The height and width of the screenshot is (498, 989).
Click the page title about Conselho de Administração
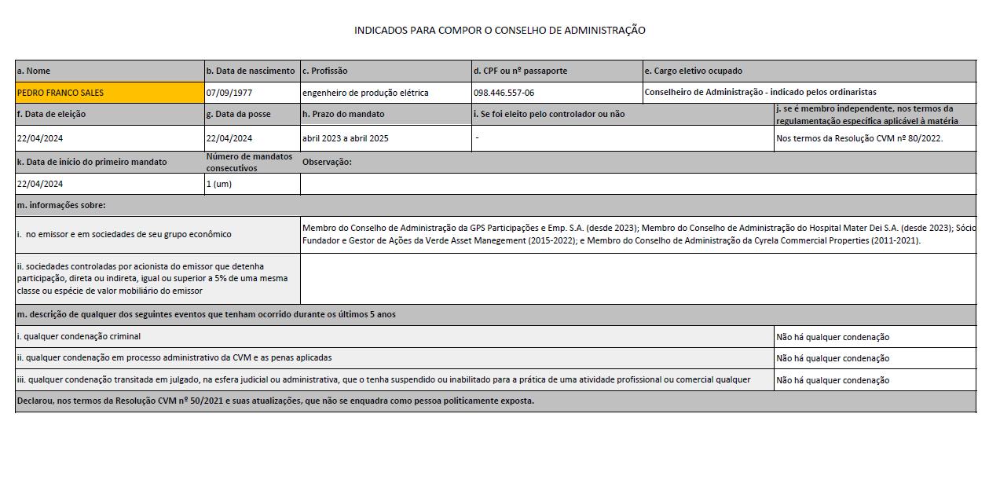tap(500, 31)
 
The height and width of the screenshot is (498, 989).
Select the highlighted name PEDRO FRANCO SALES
tap(60, 93)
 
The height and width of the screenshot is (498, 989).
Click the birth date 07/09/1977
tap(229, 93)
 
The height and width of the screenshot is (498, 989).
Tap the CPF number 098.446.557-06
tap(504, 93)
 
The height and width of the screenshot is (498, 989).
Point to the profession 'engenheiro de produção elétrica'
tap(365, 93)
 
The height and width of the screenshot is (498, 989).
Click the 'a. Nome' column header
tap(34, 71)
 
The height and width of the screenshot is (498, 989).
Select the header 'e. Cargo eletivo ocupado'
tap(693, 71)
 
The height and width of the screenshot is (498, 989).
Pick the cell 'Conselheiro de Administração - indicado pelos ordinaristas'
tap(760, 93)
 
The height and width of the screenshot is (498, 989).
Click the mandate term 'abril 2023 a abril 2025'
tap(346, 138)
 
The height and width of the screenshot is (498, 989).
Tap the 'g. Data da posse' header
tap(238, 114)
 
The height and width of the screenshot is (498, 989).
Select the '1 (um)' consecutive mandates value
tap(219, 184)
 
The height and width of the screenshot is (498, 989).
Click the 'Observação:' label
tap(327, 162)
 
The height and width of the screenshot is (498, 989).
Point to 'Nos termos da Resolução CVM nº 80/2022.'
tap(859, 138)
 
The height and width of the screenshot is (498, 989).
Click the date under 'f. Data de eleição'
tap(40, 138)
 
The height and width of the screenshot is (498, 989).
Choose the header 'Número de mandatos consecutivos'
tap(249, 162)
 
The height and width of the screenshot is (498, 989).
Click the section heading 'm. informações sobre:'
tap(61, 205)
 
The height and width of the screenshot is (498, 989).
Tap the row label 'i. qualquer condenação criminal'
tap(79, 336)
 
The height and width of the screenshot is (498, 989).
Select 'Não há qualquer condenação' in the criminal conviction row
tap(833, 337)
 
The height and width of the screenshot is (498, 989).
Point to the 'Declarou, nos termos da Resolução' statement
tap(275, 401)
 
